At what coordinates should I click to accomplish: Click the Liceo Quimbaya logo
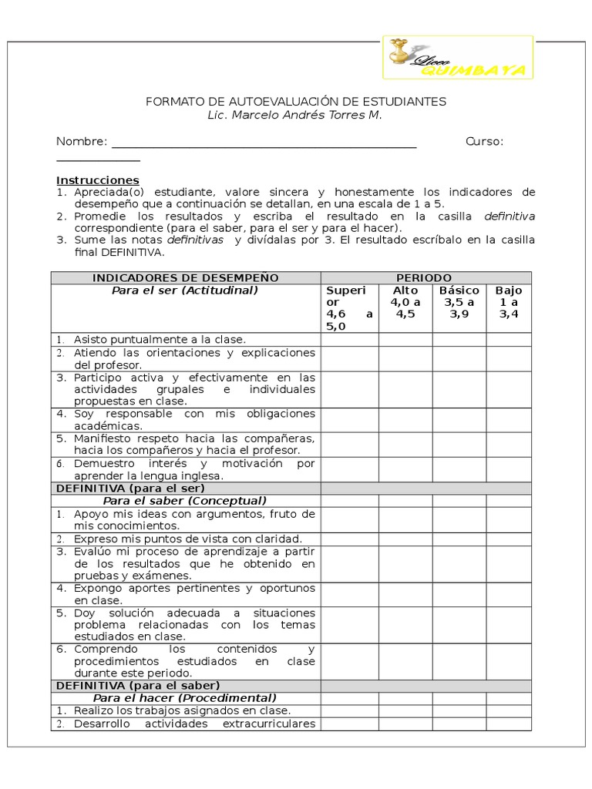pyautogui.click(x=458, y=57)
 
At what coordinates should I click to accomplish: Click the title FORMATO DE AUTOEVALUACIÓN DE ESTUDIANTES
pyautogui.click(x=296, y=102)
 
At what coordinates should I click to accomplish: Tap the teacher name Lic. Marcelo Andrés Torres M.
pyautogui.click(x=294, y=116)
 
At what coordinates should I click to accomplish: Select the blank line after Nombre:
pyautogui.click(x=264, y=143)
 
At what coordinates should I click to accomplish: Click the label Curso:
pyautogui.click(x=484, y=142)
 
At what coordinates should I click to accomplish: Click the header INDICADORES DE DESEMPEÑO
pyautogui.click(x=185, y=277)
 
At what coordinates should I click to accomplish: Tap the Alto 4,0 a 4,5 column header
pyautogui.click(x=405, y=302)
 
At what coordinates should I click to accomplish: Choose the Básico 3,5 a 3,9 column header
pyautogui.click(x=459, y=302)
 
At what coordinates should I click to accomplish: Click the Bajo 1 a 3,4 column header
pyautogui.click(x=509, y=302)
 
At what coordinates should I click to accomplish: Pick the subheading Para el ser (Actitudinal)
pyautogui.click(x=185, y=290)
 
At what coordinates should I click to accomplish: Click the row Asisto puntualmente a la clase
pyautogui.click(x=160, y=339)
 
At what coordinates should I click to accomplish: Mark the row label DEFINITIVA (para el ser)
pyautogui.click(x=129, y=489)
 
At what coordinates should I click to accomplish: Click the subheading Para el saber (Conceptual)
pyautogui.click(x=185, y=501)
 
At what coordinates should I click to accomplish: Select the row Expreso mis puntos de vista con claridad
pyautogui.click(x=187, y=539)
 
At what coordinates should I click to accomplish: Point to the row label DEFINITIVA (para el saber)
pyautogui.click(x=137, y=685)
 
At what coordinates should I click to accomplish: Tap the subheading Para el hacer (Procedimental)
pyautogui.click(x=185, y=698)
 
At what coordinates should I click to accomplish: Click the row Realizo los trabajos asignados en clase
pyautogui.click(x=182, y=710)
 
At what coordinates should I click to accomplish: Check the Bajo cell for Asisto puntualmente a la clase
pyautogui.click(x=509, y=339)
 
